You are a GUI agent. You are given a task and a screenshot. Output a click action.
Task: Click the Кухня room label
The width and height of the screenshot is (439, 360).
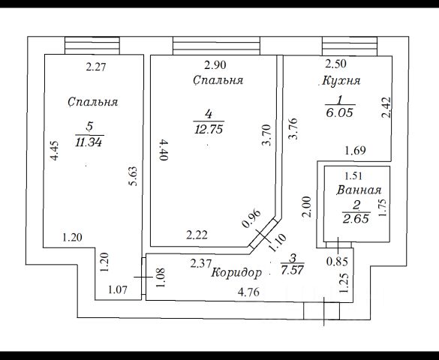pyautogui.click(x=341, y=81)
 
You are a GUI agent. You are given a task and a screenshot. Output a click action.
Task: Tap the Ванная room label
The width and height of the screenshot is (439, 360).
pyautogui.click(x=359, y=190)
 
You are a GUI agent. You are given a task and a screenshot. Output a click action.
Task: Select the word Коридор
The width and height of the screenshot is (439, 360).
pyautogui.click(x=236, y=273)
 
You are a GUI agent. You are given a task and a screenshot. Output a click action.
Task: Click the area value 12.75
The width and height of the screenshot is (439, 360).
pyautogui.click(x=209, y=130)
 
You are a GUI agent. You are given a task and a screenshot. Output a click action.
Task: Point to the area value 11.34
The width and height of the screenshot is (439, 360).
pyautogui.click(x=89, y=142)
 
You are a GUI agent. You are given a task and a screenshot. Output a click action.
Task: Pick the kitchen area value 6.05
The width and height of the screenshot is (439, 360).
pyautogui.click(x=340, y=113)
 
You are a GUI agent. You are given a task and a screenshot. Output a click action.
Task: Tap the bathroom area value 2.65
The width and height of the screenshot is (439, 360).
pyautogui.click(x=356, y=219)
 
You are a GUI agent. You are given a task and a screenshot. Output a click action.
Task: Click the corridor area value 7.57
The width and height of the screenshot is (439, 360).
pyautogui.click(x=293, y=270)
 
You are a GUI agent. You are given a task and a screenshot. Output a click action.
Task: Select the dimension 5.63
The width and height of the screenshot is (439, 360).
pyautogui.click(x=134, y=176)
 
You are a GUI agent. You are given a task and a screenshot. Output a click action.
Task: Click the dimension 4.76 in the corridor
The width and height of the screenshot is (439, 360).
pyautogui.click(x=248, y=292)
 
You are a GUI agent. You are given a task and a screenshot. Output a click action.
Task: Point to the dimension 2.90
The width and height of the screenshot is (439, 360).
pyautogui.click(x=215, y=65)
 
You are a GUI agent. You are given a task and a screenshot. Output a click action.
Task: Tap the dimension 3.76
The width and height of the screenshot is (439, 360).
pyautogui.click(x=293, y=129)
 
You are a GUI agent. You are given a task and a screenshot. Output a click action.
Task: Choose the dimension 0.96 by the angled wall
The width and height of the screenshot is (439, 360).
pyautogui.click(x=251, y=218)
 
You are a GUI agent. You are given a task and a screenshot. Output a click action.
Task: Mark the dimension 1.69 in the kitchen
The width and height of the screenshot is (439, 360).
pyautogui.click(x=355, y=151)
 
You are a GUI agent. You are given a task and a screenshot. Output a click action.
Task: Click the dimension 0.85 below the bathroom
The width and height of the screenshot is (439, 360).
pyautogui.click(x=337, y=262)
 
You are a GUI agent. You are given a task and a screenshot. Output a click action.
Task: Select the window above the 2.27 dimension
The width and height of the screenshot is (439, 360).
pyautogui.click(x=92, y=45)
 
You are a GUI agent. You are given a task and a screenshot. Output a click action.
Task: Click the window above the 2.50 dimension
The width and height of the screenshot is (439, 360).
pyautogui.click(x=350, y=46)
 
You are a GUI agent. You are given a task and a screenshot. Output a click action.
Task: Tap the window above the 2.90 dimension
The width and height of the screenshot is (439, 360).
pyautogui.click(x=216, y=46)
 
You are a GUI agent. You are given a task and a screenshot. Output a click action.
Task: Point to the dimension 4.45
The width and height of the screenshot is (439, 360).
pyautogui.click(x=54, y=151)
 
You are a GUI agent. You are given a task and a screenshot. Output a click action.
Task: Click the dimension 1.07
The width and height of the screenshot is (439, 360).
pyautogui.click(x=118, y=289)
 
